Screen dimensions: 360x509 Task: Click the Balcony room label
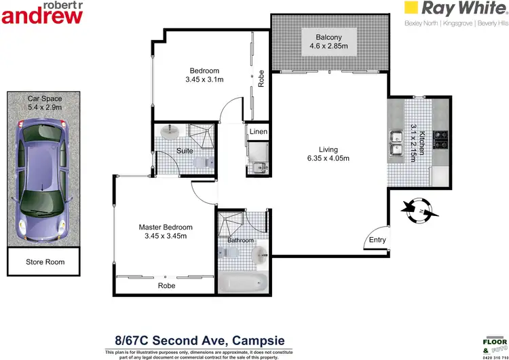pyautogui.click(x=328, y=37)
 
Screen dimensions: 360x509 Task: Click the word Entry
pyautogui.click(x=377, y=240)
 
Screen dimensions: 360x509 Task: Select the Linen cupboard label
pyautogui.click(x=258, y=132)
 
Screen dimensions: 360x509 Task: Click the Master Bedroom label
pyautogui.click(x=166, y=227)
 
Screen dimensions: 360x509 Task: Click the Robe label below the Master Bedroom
pyautogui.click(x=166, y=286)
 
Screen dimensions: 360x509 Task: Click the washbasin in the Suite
pyautogui.click(x=171, y=132)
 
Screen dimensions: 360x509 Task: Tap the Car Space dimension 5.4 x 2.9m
pyautogui.click(x=44, y=107)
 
